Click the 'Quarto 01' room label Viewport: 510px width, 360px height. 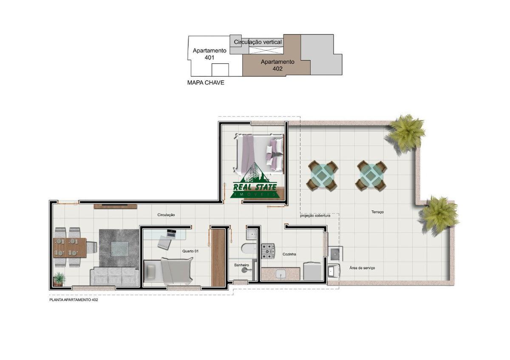point(190,251)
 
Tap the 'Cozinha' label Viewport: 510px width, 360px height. point(289,254)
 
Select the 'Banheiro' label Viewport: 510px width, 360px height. point(241,265)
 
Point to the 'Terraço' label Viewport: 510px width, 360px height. point(377,212)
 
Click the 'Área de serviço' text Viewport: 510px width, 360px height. point(362,268)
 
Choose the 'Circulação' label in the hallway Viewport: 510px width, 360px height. point(166,215)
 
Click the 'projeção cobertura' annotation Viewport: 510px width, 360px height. point(315,215)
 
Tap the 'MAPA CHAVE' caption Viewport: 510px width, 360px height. point(206,82)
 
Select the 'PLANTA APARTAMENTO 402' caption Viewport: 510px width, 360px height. point(74,300)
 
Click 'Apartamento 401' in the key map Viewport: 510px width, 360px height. point(210,54)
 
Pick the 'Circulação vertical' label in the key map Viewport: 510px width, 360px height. point(258,42)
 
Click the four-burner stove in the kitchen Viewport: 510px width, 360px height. point(268,251)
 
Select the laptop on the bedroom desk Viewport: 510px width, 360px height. point(171,233)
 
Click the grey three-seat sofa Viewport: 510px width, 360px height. point(114,276)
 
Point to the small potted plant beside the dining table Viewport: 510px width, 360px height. point(59,279)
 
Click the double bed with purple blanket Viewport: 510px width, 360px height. point(259,154)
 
